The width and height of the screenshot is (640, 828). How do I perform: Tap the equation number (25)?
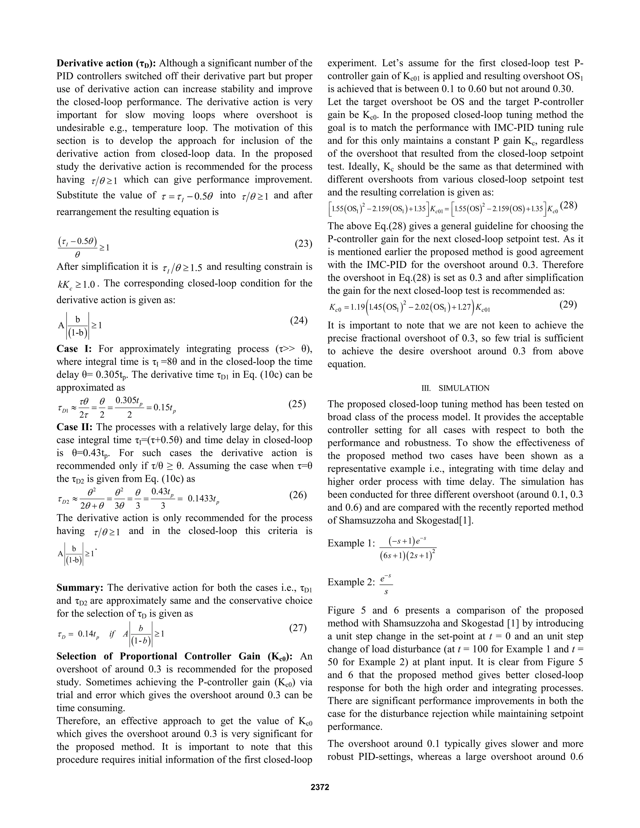297,404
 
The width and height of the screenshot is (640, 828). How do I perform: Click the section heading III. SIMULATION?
455,388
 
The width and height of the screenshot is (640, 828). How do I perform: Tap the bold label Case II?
75,427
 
